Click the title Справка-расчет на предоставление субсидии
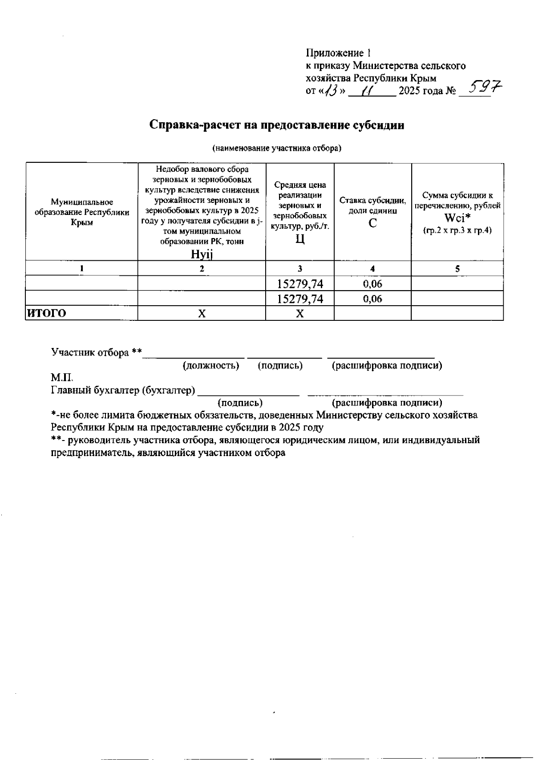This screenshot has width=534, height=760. coord(277,125)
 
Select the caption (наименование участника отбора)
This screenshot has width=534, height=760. coord(277,148)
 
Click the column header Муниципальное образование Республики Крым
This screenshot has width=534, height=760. coord(82,212)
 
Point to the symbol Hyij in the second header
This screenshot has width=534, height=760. coord(202,255)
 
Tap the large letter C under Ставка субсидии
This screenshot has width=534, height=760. coord(372,223)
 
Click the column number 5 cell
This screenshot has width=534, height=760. coord(457,269)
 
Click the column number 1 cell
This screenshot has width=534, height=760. coord(81,269)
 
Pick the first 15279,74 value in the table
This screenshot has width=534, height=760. coord(300,284)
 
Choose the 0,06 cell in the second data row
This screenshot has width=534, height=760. coord(372,299)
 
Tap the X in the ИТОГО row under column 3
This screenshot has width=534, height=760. coord(300,314)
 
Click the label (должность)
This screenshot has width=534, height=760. coord(211,366)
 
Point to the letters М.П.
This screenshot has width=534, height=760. coord(61,378)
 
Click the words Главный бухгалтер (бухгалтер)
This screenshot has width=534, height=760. coord(123,391)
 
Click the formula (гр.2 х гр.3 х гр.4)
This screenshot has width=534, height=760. coord(457,231)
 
